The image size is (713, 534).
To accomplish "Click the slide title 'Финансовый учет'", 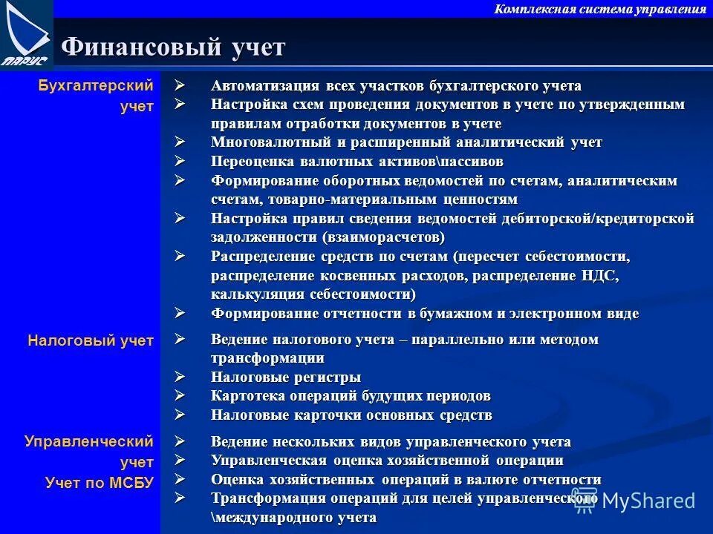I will click(x=173, y=47).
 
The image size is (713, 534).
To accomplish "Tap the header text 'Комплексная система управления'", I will click(x=600, y=9).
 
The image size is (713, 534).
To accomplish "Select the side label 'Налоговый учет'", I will click(x=91, y=340).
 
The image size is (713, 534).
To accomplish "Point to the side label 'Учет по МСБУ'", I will click(x=99, y=483).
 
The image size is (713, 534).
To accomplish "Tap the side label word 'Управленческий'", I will click(x=89, y=441).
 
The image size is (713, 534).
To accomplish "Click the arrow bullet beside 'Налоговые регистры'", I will click(x=180, y=376).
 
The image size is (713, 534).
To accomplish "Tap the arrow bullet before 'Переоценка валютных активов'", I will click(x=180, y=160).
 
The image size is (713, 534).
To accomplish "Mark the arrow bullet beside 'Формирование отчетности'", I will click(x=180, y=312).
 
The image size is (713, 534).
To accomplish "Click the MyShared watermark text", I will click(x=648, y=501).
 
